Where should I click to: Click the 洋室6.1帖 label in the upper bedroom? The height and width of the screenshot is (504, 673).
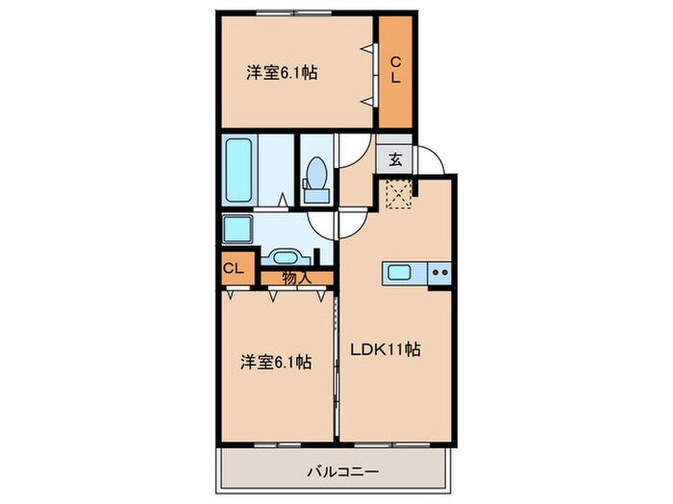coord(283,72)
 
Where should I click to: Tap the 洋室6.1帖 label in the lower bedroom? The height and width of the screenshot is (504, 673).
coord(275,362)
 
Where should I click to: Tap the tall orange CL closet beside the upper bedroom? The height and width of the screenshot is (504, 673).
coord(395,72)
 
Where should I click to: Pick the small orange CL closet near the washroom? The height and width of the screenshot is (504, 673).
coord(235,269)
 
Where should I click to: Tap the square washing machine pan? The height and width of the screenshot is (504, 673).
coord(237,230)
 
